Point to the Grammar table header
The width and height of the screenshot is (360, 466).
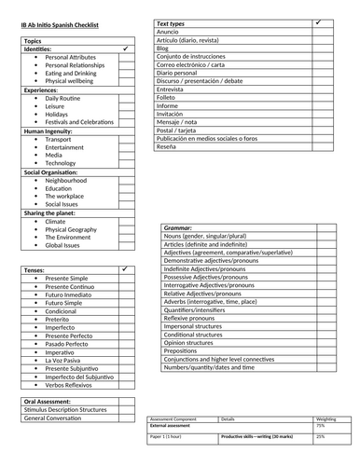click(x=178, y=227)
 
